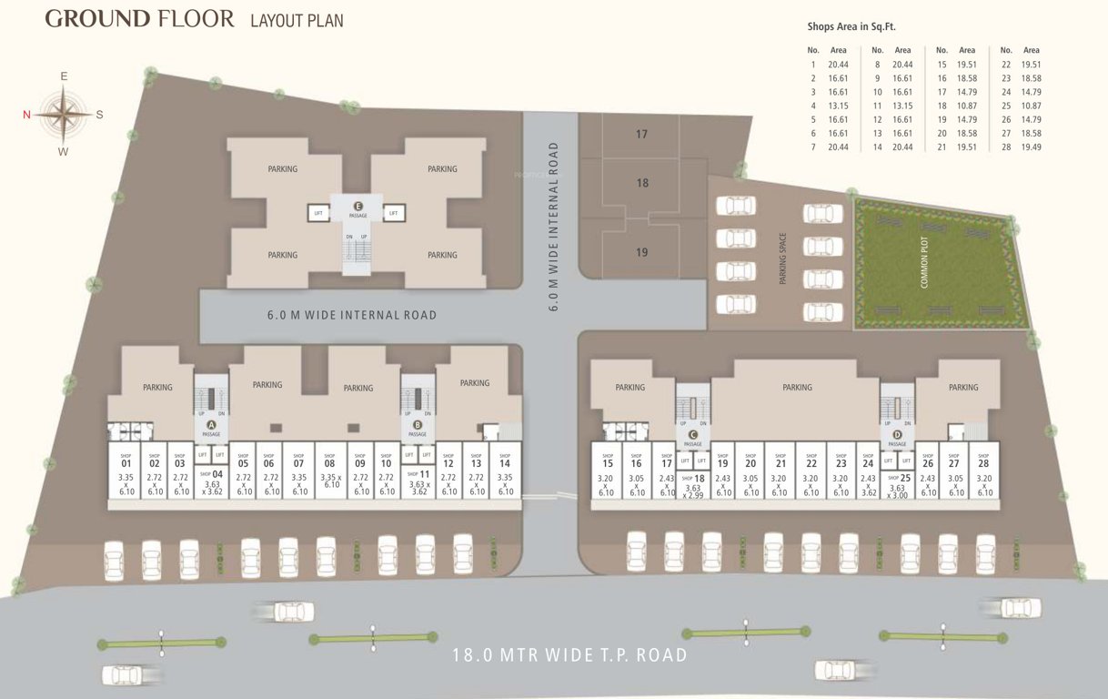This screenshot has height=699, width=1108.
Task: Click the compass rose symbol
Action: coord(64,114)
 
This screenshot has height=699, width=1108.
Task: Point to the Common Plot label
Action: coord(925,265)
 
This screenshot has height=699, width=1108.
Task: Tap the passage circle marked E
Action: coord(358,206)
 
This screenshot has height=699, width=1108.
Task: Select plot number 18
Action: coord(642,183)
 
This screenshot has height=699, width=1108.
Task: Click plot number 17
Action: coord(641,134)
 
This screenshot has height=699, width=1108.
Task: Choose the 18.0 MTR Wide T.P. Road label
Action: coord(569,655)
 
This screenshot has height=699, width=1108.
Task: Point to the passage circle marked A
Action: coord(211,424)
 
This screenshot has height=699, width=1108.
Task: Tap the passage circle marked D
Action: coord(897,434)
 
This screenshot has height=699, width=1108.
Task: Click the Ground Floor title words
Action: coord(139,18)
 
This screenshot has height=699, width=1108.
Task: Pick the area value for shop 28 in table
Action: coord(1031,147)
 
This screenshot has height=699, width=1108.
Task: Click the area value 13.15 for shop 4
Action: coord(838,106)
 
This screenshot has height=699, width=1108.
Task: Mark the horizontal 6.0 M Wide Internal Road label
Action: coord(352,315)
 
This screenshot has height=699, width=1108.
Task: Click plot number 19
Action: coord(641,252)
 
